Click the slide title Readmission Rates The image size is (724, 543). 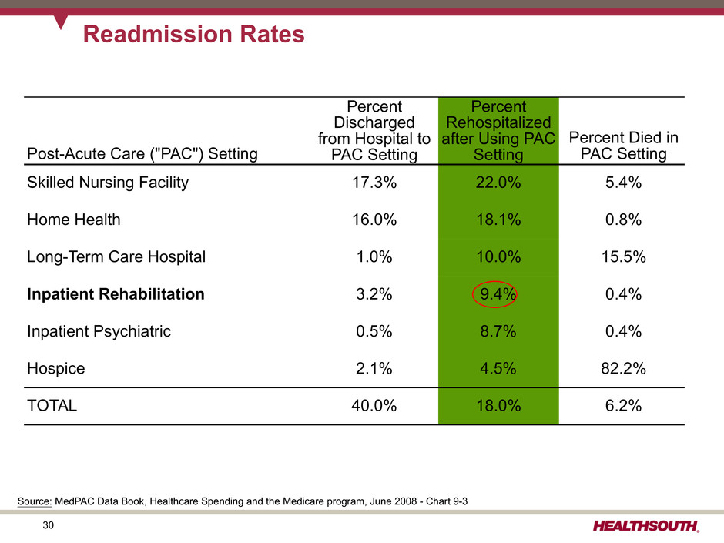coord(193,35)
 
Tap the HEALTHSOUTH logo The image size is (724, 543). coord(646,527)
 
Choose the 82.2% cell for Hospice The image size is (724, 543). coord(622,368)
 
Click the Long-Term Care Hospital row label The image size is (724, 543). coord(116,257)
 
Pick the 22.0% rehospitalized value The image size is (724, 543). coord(498,183)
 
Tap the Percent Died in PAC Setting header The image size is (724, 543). coord(622,146)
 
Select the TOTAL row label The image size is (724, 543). coord(52,407)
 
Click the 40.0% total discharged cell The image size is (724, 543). coord(375,407)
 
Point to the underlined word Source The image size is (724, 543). coord(34,501)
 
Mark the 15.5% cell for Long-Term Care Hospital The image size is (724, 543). coord(622,257)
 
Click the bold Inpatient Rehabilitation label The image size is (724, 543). coord(116,294)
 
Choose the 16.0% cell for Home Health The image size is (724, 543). coord(375,220)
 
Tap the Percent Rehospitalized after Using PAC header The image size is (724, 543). coord(498,130)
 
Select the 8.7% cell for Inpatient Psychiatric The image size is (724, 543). coord(498,331)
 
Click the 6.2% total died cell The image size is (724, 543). coord(622,407)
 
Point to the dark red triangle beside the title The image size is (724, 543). coord(61,22)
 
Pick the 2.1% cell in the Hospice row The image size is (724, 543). coord(375,368)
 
